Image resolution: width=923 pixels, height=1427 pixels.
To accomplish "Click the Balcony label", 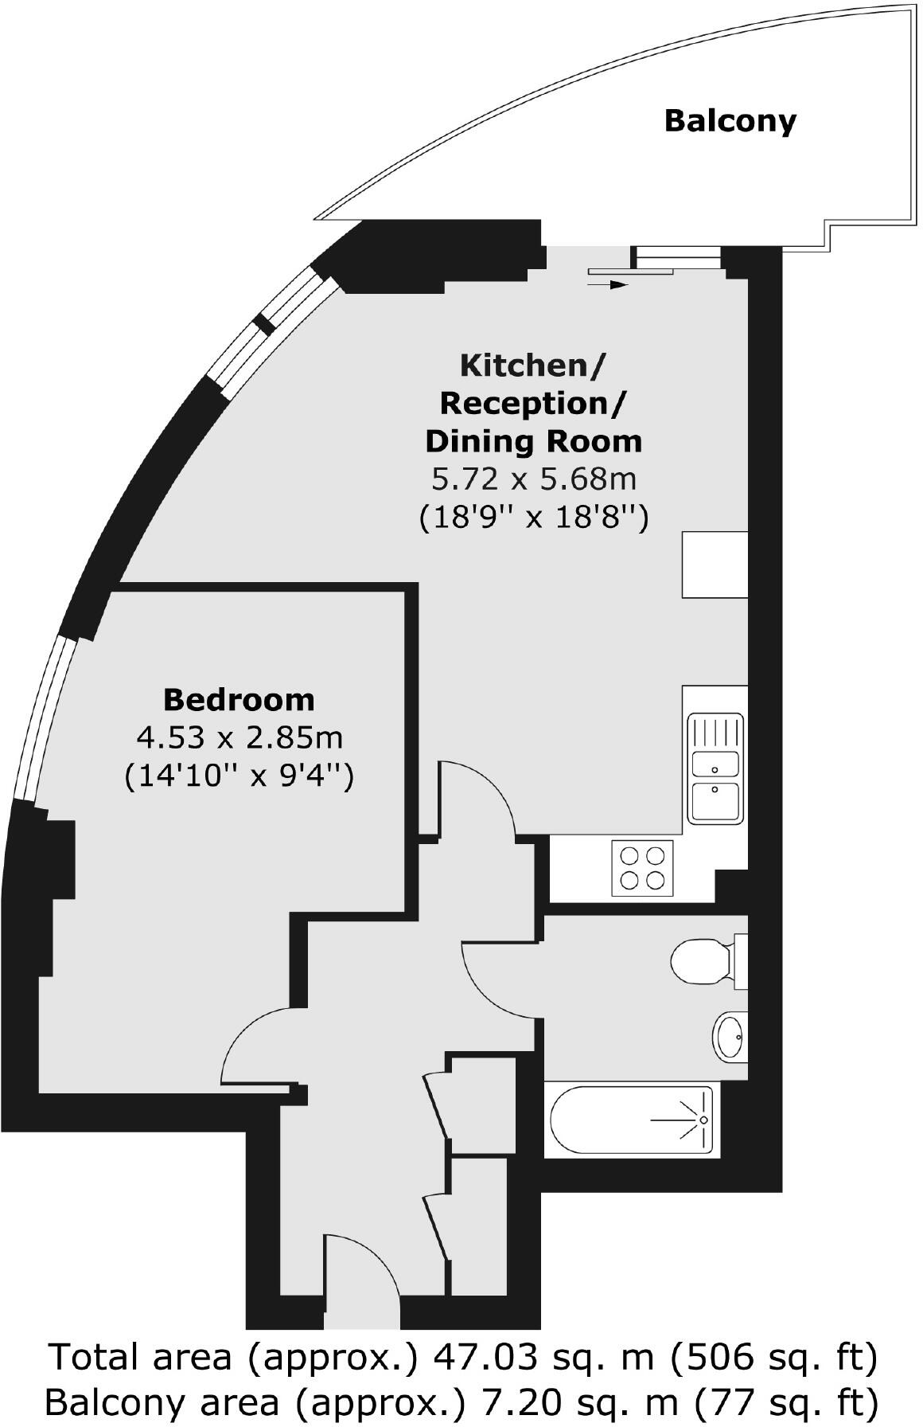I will pyautogui.click(x=730, y=121).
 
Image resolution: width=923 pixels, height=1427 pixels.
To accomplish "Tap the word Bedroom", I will pyautogui.click(x=239, y=700).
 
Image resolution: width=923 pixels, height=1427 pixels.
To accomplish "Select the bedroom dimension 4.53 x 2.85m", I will pyautogui.click(x=240, y=737).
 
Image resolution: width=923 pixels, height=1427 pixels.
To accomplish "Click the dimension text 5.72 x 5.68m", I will pyautogui.click(x=533, y=479).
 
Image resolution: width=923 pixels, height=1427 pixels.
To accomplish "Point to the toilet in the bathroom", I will pyautogui.click(x=700, y=962).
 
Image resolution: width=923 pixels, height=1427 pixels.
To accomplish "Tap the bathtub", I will pyautogui.click(x=629, y=1120).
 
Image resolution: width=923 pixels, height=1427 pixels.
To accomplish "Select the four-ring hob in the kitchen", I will pyautogui.click(x=642, y=868).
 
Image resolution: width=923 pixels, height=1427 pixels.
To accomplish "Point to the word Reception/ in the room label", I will pyautogui.click(x=532, y=404).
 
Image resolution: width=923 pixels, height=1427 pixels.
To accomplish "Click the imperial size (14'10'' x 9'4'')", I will pyautogui.click(x=239, y=775).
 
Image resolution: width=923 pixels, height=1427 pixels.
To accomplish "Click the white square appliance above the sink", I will pyautogui.click(x=715, y=565).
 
